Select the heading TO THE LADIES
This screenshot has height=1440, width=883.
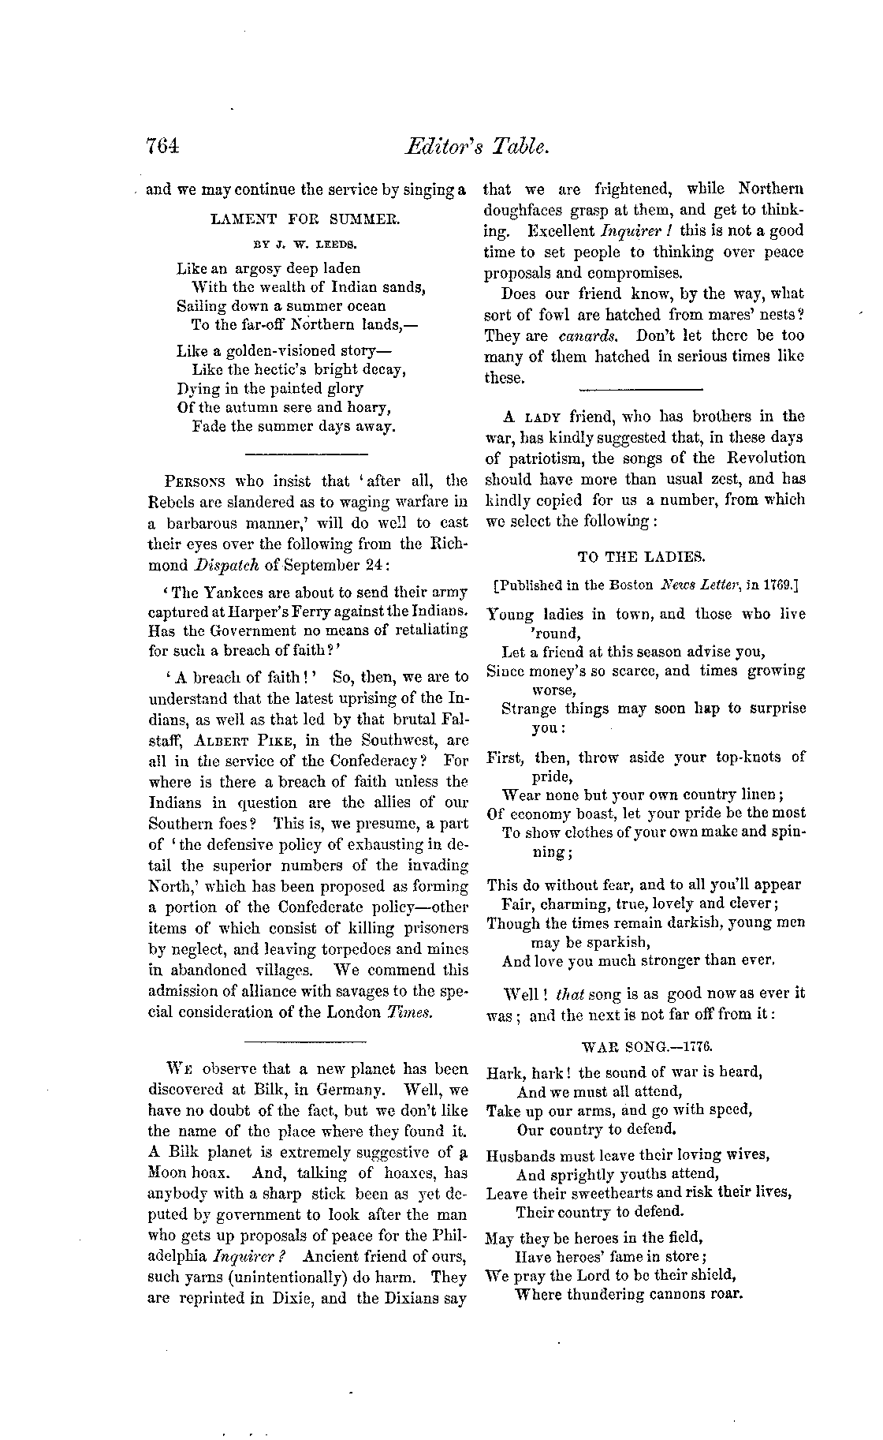pos(641,556)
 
